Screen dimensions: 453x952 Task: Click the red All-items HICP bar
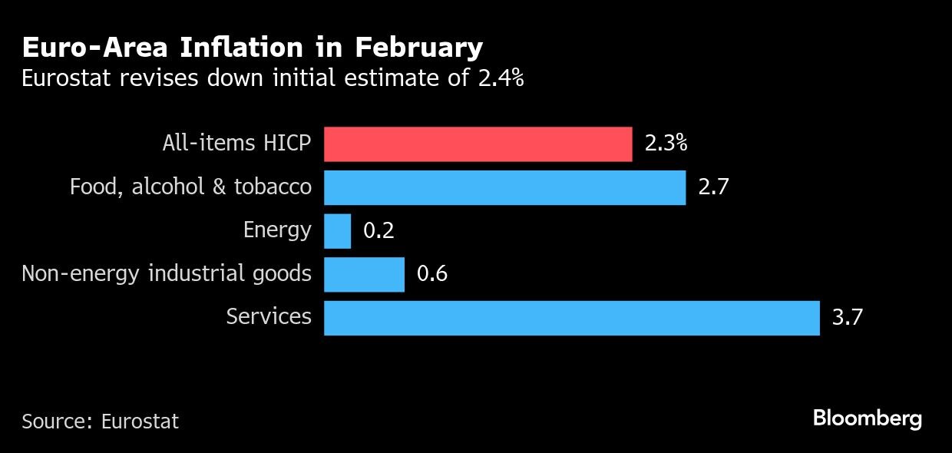click(478, 144)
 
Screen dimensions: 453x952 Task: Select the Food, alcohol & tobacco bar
click(504, 187)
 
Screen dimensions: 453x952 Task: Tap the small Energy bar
click(337, 231)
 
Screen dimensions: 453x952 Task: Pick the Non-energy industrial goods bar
click(364, 274)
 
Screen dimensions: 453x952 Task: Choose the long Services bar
click(571, 318)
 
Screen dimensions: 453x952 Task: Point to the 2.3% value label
click(666, 144)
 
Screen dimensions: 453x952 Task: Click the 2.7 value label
click(713, 187)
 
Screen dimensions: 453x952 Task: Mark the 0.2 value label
click(378, 231)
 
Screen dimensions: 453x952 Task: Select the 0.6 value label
click(432, 274)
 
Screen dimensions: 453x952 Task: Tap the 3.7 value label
click(848, 317)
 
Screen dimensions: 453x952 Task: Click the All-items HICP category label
click(236, 144)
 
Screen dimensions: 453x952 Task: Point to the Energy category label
click(277, 230)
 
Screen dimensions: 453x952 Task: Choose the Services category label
click(269, 317)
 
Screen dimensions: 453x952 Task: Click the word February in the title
click(419, 48)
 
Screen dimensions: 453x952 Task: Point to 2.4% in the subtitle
click(501, 78)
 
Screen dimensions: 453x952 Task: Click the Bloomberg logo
click(867, 419)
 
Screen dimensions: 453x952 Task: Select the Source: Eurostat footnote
click(100, 422)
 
